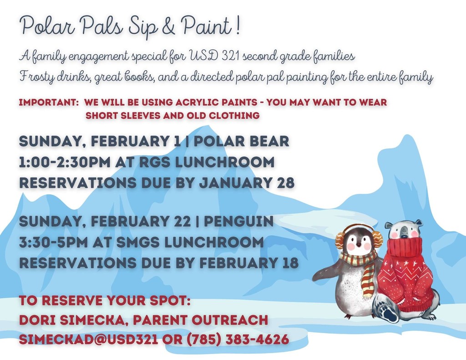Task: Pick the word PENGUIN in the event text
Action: coord(238,222)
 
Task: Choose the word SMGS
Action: coord(137,242)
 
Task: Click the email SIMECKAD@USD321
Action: coord(89,340)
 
